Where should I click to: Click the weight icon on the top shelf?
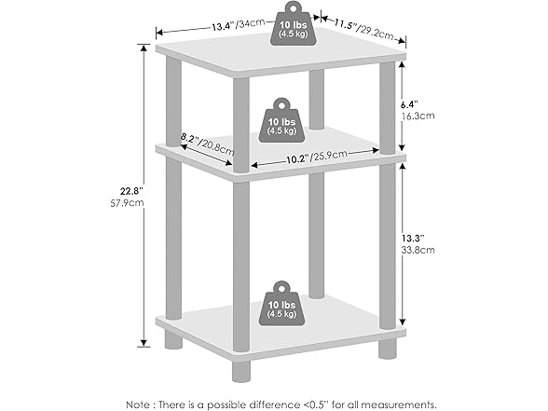[x=293, y=24]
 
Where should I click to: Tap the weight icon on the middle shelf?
[x=281, y=120]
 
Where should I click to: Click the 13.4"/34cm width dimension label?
[x=239, y=25]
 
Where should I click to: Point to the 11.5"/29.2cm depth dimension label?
[x=363, y=30]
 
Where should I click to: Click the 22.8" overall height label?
[x=131, y=191]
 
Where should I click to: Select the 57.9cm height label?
[x=127, y=203]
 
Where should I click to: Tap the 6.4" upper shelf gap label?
[x=409, y=104]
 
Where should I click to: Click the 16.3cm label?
[x=418, y=116]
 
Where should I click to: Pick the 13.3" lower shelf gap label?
[x=412, y=239]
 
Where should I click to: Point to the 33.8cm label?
[x=418, y=250]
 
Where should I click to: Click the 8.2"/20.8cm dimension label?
[x=208, y=144]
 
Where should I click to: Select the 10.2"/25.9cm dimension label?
[x=317, y=157]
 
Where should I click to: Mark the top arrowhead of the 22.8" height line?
[x=143, y=48]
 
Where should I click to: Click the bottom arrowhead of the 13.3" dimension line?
[x=403, y=322]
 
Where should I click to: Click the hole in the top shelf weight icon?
[x=293, y=7]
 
